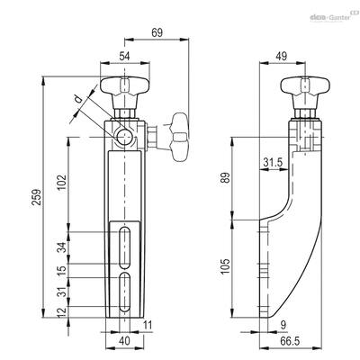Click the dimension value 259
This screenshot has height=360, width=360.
coord(37,197)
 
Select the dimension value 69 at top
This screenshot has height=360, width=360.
coord(157,32)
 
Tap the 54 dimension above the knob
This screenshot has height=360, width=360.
coord(124,56)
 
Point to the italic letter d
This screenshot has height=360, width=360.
coord(78,99)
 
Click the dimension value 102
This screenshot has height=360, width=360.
coord(62,183)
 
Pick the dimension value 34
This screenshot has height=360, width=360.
coord(62,247)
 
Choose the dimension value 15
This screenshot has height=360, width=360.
coord(62,271)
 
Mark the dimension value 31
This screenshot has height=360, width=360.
coord(62,292)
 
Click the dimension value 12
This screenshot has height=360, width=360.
coord(62,312)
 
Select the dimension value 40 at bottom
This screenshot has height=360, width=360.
coord(124,341)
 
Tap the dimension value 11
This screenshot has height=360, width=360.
coord(148,325)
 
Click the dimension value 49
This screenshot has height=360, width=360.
coord(282,56)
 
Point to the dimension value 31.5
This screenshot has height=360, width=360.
coord(273,163)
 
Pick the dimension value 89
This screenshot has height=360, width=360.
coord(226,177)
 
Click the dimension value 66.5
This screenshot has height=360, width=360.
coord(290,341)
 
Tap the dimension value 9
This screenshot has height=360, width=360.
coord(283,325)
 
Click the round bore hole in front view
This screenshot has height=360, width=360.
coord(124,138)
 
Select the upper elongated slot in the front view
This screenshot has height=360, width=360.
coord(124,247)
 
